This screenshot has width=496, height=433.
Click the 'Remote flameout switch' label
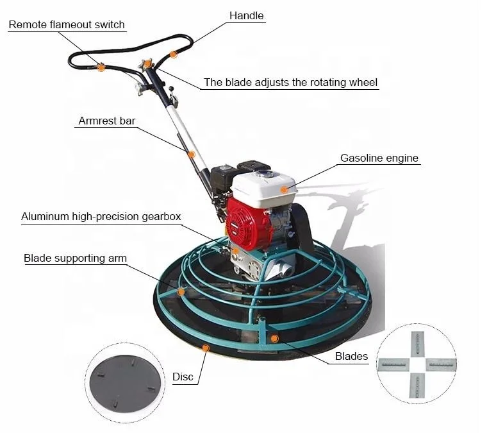(x=67, y=25)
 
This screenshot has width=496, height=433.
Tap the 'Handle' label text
(x=246, y=15)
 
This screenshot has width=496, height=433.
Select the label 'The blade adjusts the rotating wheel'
(x=290, y=83)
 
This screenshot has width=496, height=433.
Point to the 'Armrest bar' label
(x=107, y=121)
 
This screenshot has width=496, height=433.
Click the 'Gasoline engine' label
(x=379, y=158)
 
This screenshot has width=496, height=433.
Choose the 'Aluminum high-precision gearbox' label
(x=101, y=217)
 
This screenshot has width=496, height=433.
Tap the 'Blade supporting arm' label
(x=75, y=259)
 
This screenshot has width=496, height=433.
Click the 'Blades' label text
(x=351, y=357)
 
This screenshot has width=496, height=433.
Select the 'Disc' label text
(x=183, y=377)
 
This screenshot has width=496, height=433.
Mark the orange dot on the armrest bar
(x=191, y=154)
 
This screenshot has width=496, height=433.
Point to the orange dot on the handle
(x=173, y=55)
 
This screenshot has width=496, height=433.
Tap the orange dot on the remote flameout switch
(x=101, y=66)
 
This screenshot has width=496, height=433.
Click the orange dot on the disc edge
(x=206, y=348)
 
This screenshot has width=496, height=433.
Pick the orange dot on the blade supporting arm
(x=181, y=292)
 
